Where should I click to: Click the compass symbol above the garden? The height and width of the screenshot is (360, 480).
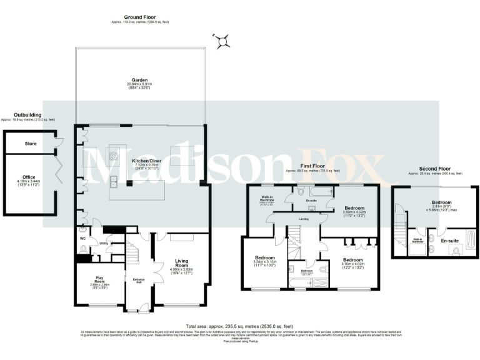coord(221,42)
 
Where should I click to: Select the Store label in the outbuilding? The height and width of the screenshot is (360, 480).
coord(30,144)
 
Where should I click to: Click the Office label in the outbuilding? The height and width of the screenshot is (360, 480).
coord(29,177)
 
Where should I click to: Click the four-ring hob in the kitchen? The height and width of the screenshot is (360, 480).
coord(114,156)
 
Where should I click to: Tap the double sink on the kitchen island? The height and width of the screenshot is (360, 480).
coord(114,182)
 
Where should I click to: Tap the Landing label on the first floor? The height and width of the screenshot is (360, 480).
coord(304,219)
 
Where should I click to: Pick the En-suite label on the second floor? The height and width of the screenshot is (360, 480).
coord(450,239)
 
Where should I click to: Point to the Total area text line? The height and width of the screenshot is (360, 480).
coord(239,326)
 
